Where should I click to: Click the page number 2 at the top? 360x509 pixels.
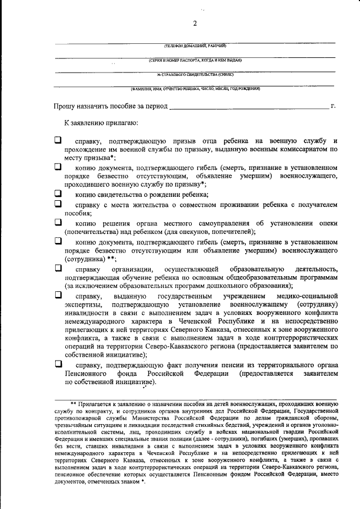195,23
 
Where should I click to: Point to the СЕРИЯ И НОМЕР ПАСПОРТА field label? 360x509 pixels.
195,60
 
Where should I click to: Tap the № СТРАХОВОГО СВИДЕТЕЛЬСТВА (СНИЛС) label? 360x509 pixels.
195,74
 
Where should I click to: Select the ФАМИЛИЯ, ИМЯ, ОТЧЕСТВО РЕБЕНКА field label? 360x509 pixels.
195,89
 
